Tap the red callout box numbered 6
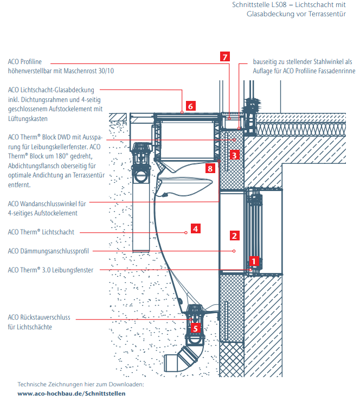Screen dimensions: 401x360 tap(190, 106)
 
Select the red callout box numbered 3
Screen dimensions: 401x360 tap(234, 155)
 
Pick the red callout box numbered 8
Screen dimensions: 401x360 tap(210, 169)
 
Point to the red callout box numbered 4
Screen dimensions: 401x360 tap(196, 229)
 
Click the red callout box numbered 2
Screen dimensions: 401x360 tap(234, 235)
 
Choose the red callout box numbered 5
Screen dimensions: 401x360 tap(196, 328)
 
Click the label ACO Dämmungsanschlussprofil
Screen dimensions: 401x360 tap(49, 251)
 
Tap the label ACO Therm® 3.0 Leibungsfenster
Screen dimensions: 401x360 tap(50, 270)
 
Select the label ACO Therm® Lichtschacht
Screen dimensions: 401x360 tap(41, 232)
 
